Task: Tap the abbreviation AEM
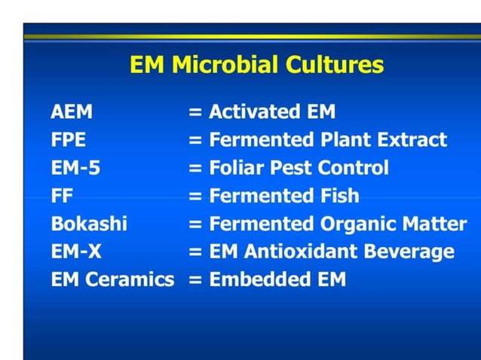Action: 72,112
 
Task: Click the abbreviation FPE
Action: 69,140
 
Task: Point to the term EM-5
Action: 75,168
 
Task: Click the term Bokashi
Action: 89,224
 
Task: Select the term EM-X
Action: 76,252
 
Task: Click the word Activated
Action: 252,112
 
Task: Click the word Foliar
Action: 235,168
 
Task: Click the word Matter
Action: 440,224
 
